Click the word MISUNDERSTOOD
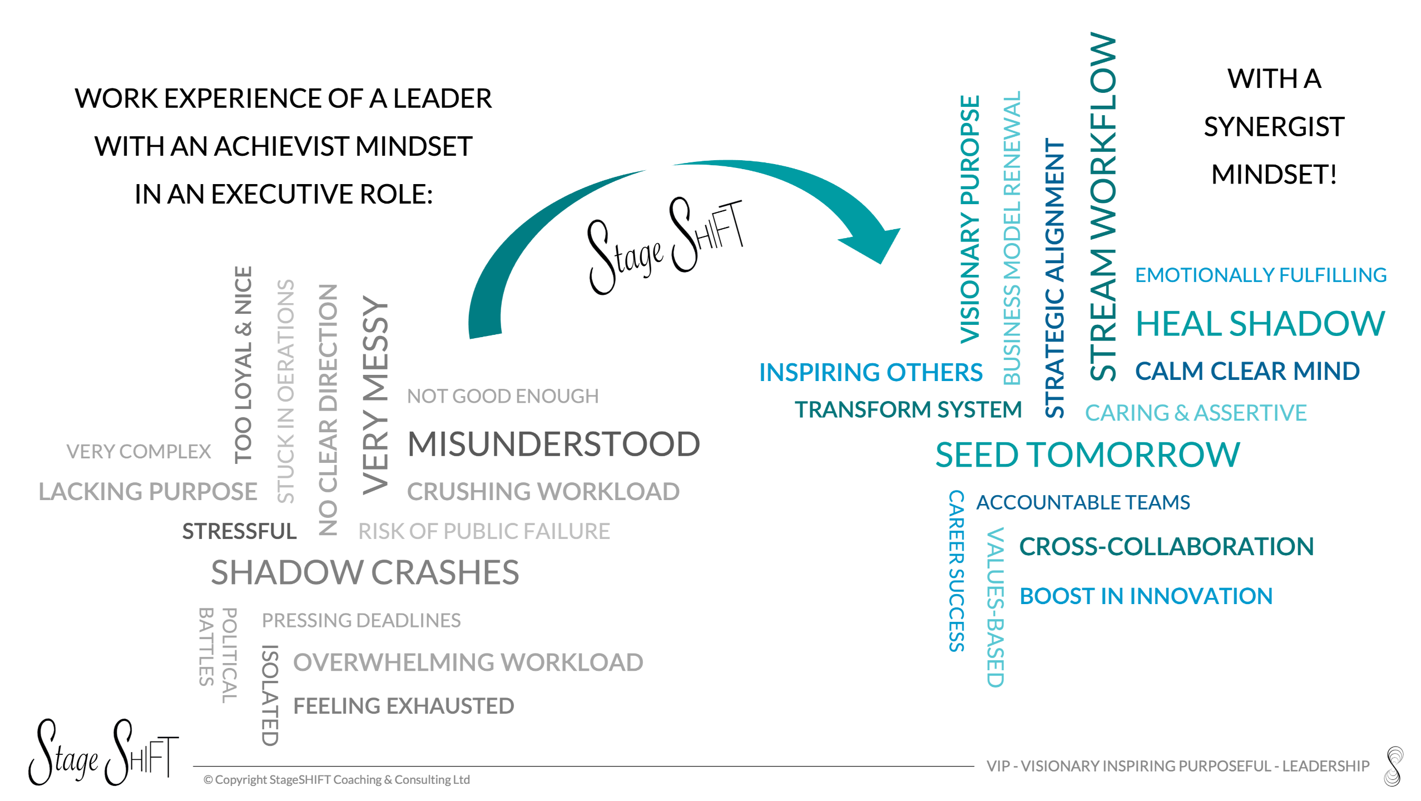[x=553, y=444]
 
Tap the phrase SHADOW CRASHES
[x=365, y=572]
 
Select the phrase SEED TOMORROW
[x=1087, y=455]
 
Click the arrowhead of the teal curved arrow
[x=873, y=242]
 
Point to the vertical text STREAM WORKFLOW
[x=1103, y=206]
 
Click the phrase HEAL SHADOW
[x=1260, y=324]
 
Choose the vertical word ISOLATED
[x=270, y=695]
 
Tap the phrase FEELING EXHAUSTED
[x=403, y=706]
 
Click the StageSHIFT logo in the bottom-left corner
[x=103, y=752]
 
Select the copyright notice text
[x=336, y=780]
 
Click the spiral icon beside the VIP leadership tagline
[x=1394, y=766]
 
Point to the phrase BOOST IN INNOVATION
[x=1146, y=596]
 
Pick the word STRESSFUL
[x=239, y=531]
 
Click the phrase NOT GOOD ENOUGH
[x=503, y=396]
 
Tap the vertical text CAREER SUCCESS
[x=956, y=570]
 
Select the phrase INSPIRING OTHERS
[x=870, y=372]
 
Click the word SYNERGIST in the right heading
[x=1274, y=127]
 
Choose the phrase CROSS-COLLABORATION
[x=1166, y=546]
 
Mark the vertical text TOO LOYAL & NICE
[x=244, y=364]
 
